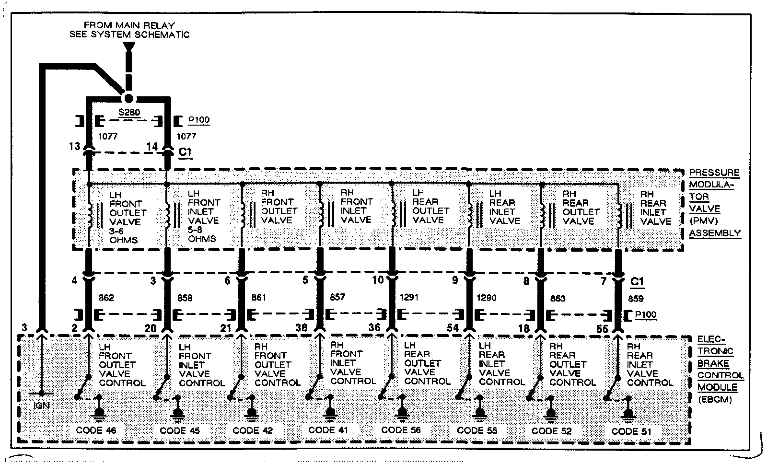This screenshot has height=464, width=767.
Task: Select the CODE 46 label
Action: [x=96, y=430]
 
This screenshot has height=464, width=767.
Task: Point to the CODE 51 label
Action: [x=631, y=431]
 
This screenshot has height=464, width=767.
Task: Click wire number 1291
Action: [x=408, y=297]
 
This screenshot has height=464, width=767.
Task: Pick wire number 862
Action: [x=106, y=298]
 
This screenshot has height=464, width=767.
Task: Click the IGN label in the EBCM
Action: [x=42, y=406]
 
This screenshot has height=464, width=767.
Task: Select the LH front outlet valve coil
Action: [x=89, y=216]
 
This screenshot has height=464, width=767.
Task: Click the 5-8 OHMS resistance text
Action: [x=202, y=234]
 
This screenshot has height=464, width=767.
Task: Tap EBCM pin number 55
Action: [x=603, y=329]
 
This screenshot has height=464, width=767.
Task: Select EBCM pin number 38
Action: [x=301, y=328]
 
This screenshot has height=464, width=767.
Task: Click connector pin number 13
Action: [x=74, y=146]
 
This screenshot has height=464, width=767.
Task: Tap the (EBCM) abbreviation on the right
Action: [x=714, y=399]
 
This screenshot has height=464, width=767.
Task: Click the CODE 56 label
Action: [x=401, y=430]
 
